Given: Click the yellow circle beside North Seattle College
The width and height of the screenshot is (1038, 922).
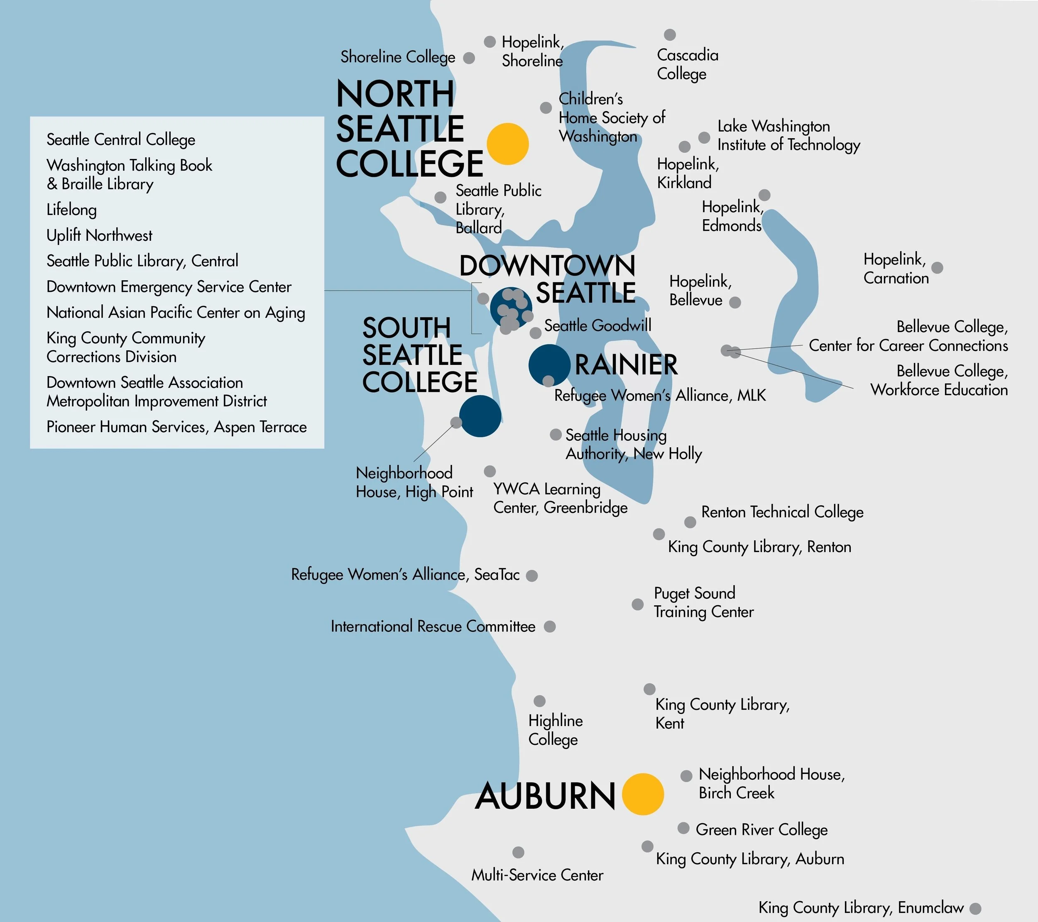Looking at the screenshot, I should point(507,144).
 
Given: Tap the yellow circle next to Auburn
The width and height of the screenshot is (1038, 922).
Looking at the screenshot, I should point(642,794).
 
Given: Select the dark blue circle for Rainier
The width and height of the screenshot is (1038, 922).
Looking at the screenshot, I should point(549,364).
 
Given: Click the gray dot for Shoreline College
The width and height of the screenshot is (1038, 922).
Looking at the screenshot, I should point(469,58).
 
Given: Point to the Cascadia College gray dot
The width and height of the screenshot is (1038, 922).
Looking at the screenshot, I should point(670,34).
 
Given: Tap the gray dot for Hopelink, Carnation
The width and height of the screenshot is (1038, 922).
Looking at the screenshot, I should point(937,268).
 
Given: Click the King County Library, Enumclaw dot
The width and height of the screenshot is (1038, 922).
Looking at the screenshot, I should point(975,908).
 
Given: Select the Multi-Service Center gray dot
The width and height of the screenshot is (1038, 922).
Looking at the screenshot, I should point(518,852).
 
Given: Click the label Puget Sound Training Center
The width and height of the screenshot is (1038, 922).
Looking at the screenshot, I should point(703,602).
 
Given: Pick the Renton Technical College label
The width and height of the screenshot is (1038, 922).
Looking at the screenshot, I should point(782,512).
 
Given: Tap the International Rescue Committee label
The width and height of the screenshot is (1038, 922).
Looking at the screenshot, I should point(433,626).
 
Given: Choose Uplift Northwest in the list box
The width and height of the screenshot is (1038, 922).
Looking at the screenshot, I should point(99,235).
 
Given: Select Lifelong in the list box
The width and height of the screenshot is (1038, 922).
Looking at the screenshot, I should point(71,210).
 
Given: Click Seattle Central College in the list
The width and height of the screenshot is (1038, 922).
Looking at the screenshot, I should point(121,139).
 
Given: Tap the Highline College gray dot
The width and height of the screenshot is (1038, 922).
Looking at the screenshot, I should point(539,701).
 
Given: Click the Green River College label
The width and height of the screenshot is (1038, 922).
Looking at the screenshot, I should point(761,829).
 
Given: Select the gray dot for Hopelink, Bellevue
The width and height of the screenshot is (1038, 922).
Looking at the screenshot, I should point(734,303).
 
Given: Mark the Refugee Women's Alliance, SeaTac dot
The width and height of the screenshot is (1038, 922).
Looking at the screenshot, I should point(532,576).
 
